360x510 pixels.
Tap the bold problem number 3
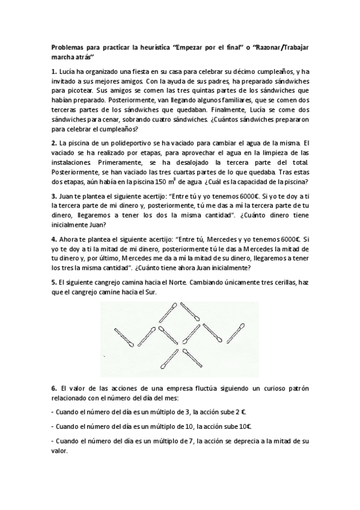(53, 196)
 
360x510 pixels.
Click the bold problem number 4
(53, 239)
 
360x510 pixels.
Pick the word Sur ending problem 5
(154, 292)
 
